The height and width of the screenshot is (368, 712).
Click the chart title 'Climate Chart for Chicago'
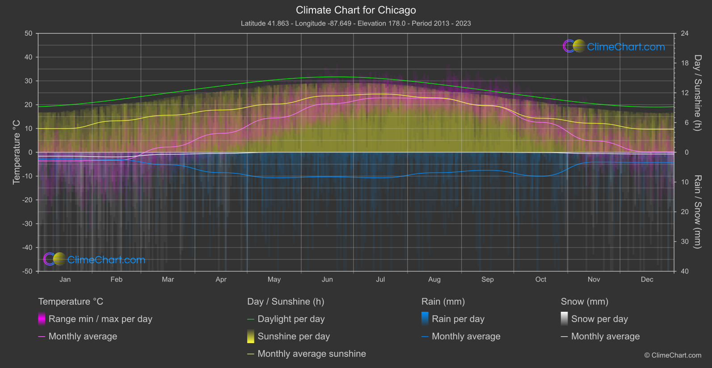click(356, 10)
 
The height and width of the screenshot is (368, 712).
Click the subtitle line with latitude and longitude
click(356, 23)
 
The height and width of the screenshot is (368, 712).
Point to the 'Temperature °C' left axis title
click(17, 152)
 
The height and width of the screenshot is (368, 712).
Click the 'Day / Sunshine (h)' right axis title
click(697, 93)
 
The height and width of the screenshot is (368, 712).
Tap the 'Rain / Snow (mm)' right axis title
click(697, 212)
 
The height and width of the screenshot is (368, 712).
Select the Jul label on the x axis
click(380, 280)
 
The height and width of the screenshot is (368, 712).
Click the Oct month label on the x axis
click(541, 280)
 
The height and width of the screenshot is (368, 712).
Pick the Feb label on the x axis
click(116, 280)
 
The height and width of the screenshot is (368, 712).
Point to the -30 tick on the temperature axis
click(27, 224)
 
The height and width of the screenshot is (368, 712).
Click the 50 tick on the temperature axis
click(29, 33)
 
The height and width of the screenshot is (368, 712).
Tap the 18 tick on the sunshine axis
click(685, 63)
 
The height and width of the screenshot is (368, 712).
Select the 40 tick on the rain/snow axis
click(685, 271)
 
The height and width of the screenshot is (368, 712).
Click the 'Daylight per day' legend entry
click(291, 319)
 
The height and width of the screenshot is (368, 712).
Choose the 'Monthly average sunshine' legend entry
click(312, 354)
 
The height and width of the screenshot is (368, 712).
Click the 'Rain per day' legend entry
click(458, 319)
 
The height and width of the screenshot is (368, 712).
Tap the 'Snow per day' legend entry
click(599, 319)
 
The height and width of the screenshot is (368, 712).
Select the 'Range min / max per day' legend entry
click(100, 319)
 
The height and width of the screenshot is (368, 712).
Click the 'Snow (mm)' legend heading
click(585, 302)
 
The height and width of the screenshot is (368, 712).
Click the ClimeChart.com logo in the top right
click(614, 46)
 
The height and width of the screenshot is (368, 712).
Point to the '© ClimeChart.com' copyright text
click(673, 356)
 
